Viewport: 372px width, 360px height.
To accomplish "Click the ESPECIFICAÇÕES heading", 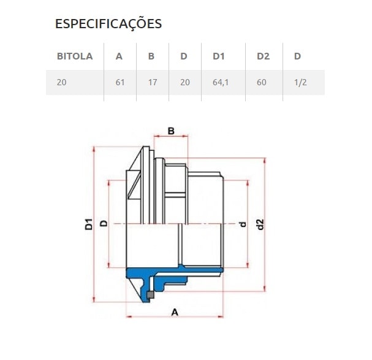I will (x=108, y=24).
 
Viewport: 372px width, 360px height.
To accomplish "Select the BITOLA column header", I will (x=74, y=56).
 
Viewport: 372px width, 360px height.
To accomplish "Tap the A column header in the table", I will (x=120, y=56).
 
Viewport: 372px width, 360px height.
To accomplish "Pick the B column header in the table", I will (x=151, y=56).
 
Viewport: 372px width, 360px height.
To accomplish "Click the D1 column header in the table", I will (x=219, y=56).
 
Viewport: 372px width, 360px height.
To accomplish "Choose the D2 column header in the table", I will (x=263, y=56).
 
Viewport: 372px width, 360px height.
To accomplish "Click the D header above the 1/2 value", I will (x=297, y=56).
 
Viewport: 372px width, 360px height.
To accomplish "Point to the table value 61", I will (x=120, y=82).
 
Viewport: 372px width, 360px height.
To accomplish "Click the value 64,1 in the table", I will (x=220, y=82).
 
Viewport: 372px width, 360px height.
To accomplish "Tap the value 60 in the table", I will (x=262, y=82).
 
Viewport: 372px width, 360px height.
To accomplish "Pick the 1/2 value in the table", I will (x=300, y=82).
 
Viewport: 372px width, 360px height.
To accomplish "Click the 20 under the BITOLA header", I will (x=61, y=82).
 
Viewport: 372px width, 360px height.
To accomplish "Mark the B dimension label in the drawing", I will (x=172, y=131).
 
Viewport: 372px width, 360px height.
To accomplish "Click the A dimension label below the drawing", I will (x=174, y=312).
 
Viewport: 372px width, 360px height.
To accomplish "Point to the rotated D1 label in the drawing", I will (x=89, y=224).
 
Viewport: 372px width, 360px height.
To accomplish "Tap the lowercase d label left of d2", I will (x=243, y=224).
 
